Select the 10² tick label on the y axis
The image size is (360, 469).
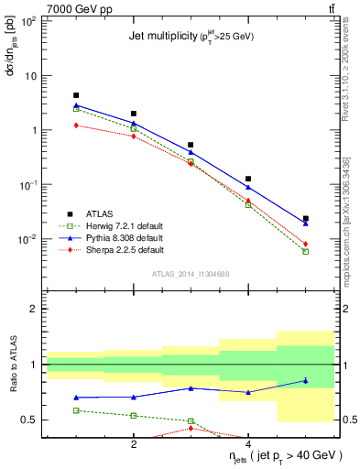coord(27,20)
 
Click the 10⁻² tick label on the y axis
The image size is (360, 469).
coord(27,240)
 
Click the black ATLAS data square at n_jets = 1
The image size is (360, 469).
coord(76,95)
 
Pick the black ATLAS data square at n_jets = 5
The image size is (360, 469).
coord(306,218)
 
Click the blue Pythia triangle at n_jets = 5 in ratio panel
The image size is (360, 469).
coord(306,380)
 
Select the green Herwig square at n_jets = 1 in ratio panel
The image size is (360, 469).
coord(76,410)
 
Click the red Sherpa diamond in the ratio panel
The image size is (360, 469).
coord(191,428)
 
